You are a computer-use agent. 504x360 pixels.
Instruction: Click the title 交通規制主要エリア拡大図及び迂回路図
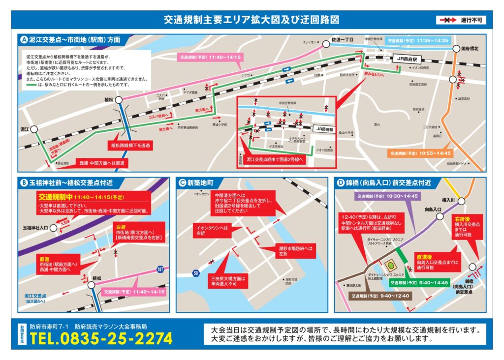click(252, 20)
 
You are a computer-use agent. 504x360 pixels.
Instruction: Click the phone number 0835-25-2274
click(101, 338)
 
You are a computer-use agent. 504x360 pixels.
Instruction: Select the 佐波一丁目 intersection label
click(344, 39)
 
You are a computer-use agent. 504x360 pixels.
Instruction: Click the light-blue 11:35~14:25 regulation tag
click(417, 40)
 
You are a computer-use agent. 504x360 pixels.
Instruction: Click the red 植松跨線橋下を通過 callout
click(130, 146)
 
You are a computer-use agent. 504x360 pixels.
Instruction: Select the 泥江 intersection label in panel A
click(25, 129)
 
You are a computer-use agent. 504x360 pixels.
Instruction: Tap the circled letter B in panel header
click(24, 183)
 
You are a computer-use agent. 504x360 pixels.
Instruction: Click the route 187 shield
click(160, 269)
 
